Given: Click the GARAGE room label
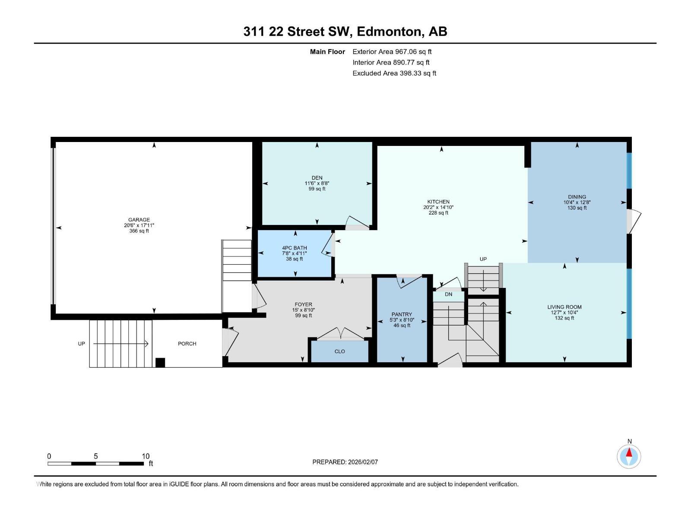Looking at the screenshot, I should coord(139,220).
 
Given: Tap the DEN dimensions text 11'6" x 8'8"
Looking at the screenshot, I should coord(317,183).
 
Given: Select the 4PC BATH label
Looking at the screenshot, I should coord(294,248).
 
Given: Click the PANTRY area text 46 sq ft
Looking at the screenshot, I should coord(402,325).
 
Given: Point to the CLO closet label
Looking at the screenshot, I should coord(340,351).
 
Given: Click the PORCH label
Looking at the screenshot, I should coord(187,344).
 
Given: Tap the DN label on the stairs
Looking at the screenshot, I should coord(448,294).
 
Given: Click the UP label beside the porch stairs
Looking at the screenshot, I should coord(81,344).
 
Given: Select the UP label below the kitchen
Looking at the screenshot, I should coord(483,259).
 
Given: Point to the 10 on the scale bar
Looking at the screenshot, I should coord(146,456).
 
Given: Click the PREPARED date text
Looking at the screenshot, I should coord(345,462).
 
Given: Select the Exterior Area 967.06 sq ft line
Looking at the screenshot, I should coord(392,51).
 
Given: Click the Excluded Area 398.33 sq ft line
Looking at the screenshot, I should coord(394,73).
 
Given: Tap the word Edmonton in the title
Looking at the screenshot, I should coord(389,32).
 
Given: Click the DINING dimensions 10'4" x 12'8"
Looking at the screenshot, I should coord(577,202).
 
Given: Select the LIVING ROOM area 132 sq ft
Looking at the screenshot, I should coord(564,318).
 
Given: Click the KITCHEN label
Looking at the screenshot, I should coord(438,202).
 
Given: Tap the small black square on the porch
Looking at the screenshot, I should coord(160,363).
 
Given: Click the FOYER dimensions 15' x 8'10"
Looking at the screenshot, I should coord(303,310).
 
